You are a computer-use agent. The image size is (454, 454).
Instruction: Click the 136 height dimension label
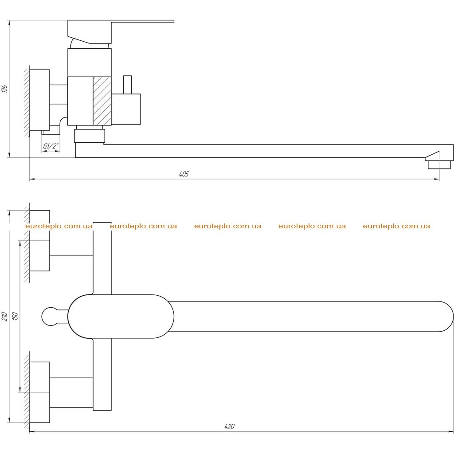pyautogui.click(x=4, y=89)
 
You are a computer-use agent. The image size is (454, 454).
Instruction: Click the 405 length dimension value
pyautogui.click(x=184, y=174)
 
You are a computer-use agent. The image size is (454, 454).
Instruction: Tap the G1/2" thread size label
pyautogui.click(x=51, y=146)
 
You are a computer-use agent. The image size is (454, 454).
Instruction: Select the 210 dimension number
pyautogui.click(x=4, y=316)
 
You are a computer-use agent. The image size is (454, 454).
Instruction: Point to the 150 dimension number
pyautogui.click(x=16, y=316)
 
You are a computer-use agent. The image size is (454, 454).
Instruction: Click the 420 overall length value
pyautogui.click(x=229, y=426)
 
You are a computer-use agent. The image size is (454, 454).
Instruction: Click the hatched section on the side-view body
pyautogui.click(x=102, y=101)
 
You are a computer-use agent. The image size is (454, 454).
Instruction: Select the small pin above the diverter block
pyautogui.click(x=127, y=85)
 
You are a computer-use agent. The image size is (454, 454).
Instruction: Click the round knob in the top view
pyautogui.click(x=51, y=317)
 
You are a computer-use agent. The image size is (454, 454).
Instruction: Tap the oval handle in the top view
pyautogui.click(x=121, y=316)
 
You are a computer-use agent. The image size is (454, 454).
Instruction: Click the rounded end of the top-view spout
pyautogui.click(x=446, y=317)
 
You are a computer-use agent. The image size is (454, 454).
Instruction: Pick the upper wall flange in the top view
pyautogui.click(x=39, y=241)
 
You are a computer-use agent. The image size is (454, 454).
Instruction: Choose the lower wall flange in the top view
pyautogui.click(x=39, y=392)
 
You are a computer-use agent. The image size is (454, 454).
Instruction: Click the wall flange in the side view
pyautogui.click(x=39, y=100)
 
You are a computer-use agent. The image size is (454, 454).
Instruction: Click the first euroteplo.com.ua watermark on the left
pyautogui.click(x=59, y=226)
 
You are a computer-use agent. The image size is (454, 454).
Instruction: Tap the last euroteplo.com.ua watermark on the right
pyautogui.click(x=396, y=226)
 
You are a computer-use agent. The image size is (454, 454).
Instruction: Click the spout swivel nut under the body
pyautogui.click(x=90, y=136)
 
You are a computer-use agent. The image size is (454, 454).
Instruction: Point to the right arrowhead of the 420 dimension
pyautogui.click(x=451, y=432)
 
